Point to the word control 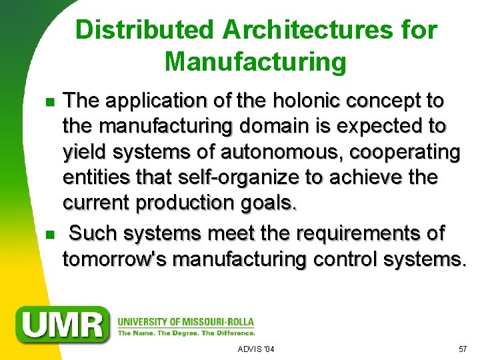pos(343,259)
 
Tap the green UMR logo pos(64,324)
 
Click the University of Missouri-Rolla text pos(186,319)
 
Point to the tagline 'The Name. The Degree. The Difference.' pos(186,332)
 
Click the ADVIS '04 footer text pos(256,349)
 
